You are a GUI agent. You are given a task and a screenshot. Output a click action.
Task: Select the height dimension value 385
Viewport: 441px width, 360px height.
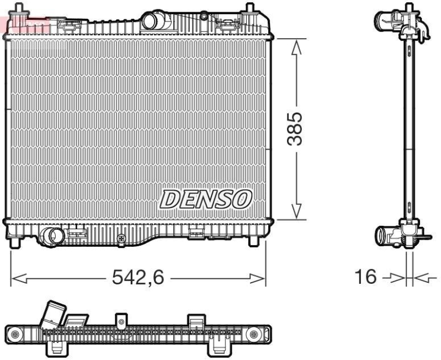click(x=297, y=128)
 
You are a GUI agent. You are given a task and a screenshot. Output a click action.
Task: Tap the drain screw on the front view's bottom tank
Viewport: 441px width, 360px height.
click(x=121, y=237)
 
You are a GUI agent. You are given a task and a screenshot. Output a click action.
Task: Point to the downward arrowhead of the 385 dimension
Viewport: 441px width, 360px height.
click(x=297, y=210)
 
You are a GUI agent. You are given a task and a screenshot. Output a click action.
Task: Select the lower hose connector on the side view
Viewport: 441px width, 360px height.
click(x=384, y=235)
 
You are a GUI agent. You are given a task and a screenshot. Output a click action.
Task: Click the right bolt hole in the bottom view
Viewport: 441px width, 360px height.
click(x=254, y=333)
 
